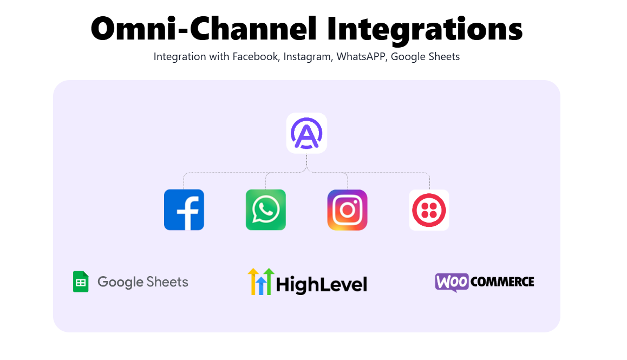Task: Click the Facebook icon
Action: click(184, 210)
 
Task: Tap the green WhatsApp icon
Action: click(265, 210)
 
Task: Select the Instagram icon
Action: click(347, 210)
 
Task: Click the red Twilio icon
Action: click(429, 210)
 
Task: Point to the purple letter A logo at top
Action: click(306, 133)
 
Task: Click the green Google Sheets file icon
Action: click(81, 282)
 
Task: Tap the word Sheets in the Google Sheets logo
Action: click(167, 282)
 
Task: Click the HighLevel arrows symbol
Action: click(261, 282)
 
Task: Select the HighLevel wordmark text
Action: click(322, 284)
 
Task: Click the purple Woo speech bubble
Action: click(452, 282)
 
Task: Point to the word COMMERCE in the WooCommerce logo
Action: click(502, 282)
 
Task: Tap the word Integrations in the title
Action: click(424, 30)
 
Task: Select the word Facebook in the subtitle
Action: click(256, 56)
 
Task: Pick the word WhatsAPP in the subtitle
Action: click(362, 57)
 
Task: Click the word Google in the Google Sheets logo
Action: click(120, 283)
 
